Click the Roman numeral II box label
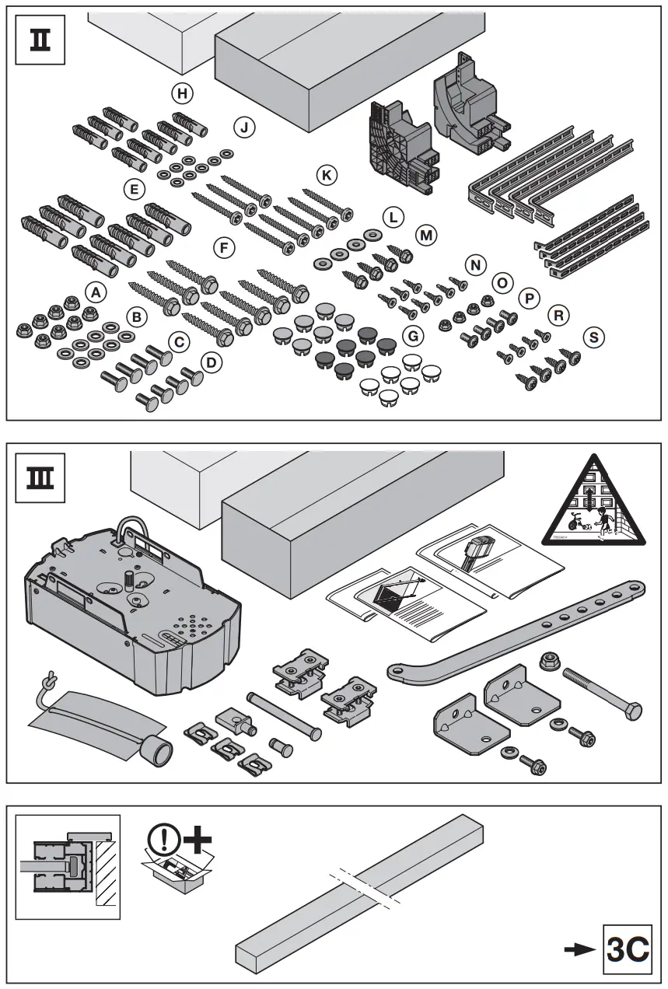[x=40, y=40]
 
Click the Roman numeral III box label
[x=40, y=476]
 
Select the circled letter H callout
[x=182, y=94]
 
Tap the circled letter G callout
[x=414, y=336]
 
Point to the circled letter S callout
[x=594, y=337]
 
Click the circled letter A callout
[x=95, y=292]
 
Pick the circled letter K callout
[x=327, y=176]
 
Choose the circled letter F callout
[x=224, y=248]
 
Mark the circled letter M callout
[x=426, y=234]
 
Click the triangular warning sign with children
[x=594, y=502]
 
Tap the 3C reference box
[x=628, y=949]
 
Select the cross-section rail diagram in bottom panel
[x=68, y=867]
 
